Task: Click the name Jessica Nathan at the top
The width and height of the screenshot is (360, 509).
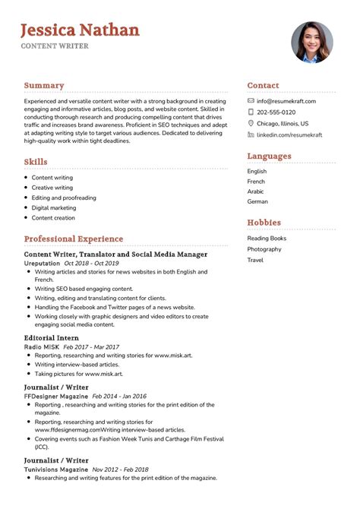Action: pos(80,30)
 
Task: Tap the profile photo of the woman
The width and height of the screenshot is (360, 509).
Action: pos(311,42)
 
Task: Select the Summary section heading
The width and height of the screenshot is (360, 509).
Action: pos(44,86)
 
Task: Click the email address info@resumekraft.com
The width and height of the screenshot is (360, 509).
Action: pos(286,101)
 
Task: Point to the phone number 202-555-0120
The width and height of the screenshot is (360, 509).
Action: pos(276,112)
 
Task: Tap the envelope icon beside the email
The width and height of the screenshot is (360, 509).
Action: pos(251,101)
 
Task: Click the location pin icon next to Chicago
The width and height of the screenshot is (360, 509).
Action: pos(251,123)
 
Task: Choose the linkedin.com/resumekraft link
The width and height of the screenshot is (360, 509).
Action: pos(289,134)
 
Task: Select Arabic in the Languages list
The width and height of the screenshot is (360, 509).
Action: pos(257,191)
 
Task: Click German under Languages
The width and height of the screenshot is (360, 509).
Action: pos(257,202)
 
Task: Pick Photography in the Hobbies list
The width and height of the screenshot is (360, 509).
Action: pos(264,249)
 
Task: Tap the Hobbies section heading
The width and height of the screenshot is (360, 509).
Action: pos(264,223)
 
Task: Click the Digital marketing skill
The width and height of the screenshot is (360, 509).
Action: pos(54,207)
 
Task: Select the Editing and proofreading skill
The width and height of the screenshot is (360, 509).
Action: pos(64,198)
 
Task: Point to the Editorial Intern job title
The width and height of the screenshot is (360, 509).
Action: pos(51,338)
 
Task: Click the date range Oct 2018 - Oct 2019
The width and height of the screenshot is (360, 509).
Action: pos(92,263)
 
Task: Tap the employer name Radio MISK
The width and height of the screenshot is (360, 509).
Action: pos(43,347)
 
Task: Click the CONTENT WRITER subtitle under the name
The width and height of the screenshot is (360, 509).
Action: pos(55,46)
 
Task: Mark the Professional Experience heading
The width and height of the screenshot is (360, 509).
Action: pos(73,239)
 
